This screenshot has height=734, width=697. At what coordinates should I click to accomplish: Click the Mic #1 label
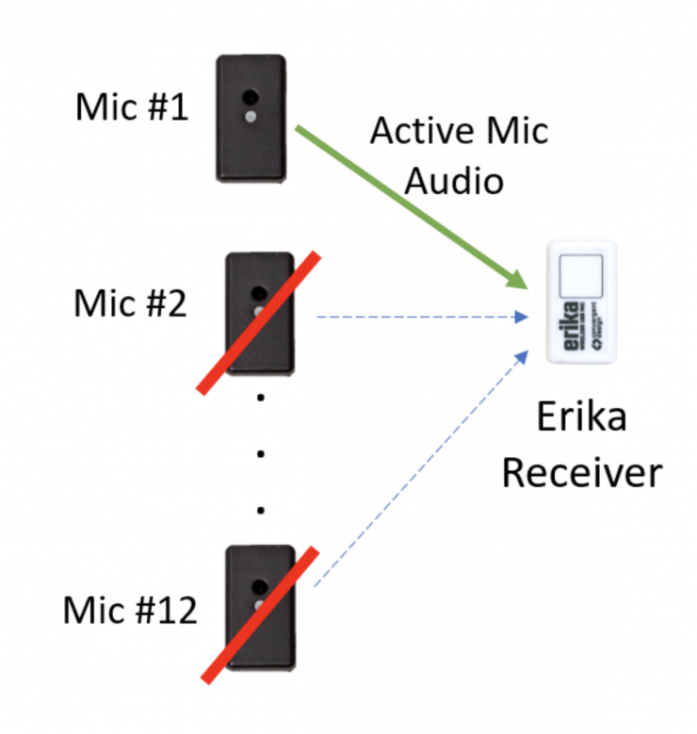point(132,109)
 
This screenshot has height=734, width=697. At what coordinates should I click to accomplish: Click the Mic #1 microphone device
point(251,118)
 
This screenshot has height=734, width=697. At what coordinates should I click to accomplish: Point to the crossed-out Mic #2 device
point(260,314)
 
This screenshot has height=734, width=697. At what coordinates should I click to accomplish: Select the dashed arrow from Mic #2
point(419,317)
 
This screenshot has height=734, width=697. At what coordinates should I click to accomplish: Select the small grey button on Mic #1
point(251,117)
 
